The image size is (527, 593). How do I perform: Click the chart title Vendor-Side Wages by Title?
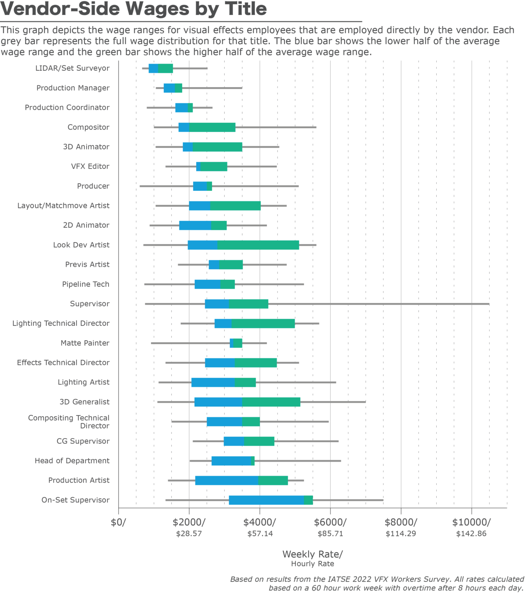(134, 9)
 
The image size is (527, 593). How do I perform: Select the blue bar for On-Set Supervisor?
(266, 500)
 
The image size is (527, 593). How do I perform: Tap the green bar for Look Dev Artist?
(258, 245)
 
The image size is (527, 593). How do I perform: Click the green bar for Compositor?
(212, 127)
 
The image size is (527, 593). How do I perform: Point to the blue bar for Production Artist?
(227, 480)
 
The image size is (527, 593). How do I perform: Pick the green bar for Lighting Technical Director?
(263, 324)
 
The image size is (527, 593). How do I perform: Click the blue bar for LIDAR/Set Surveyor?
(153, 68)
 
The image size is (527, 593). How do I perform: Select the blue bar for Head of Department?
(231, 461)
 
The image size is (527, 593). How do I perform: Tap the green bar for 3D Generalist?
(271, 402)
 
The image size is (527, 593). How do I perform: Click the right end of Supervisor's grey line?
(488, 304)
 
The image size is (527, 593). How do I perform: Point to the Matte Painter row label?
(85, 343)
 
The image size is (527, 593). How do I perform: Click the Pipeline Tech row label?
(86, 284)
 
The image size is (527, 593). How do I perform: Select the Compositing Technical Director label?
(69, 422)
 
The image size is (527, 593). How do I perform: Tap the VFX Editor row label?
(90, 166)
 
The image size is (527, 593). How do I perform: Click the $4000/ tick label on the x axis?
(259, 522)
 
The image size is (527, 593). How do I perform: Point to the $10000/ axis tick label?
(471, 522)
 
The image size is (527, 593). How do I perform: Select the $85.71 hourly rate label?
(330, 534)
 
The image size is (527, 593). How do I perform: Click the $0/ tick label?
(118, 522)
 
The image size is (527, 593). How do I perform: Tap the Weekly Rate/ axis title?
(312, 554)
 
